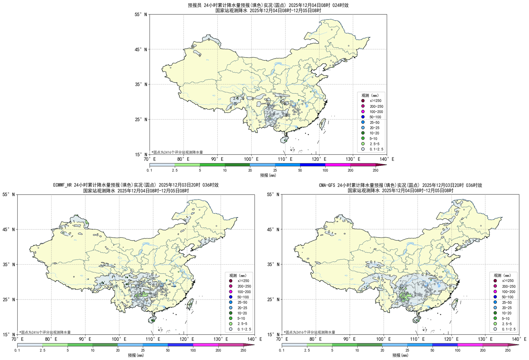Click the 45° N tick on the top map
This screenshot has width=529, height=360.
click(142, 49)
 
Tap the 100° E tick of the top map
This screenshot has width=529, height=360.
click(251, 159)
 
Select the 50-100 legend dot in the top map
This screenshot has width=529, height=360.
click(363, 117)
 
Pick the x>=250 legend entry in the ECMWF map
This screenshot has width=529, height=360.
click(231, 281)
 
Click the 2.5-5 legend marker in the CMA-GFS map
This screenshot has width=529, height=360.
click(495, 324)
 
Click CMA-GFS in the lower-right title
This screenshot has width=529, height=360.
click(327, 185)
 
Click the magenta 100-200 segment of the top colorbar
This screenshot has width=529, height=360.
click(338, 165)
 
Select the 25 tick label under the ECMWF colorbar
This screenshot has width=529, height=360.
click(143, 350)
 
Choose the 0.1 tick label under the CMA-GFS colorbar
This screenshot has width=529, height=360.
click(282, 350)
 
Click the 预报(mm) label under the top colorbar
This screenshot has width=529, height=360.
click(268, 175)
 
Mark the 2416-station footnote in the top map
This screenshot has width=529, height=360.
click(177, 152)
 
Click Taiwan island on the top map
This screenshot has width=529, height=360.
click(323, 124)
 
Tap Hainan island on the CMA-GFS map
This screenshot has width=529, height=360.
click(417, 319)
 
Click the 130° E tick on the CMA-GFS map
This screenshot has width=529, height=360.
click(485, 339)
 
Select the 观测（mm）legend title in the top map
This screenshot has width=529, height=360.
click(370, 95)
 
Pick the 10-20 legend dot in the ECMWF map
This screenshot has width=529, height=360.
click(231, 313)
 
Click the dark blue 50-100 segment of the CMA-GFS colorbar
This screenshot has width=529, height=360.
click(445, 345)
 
